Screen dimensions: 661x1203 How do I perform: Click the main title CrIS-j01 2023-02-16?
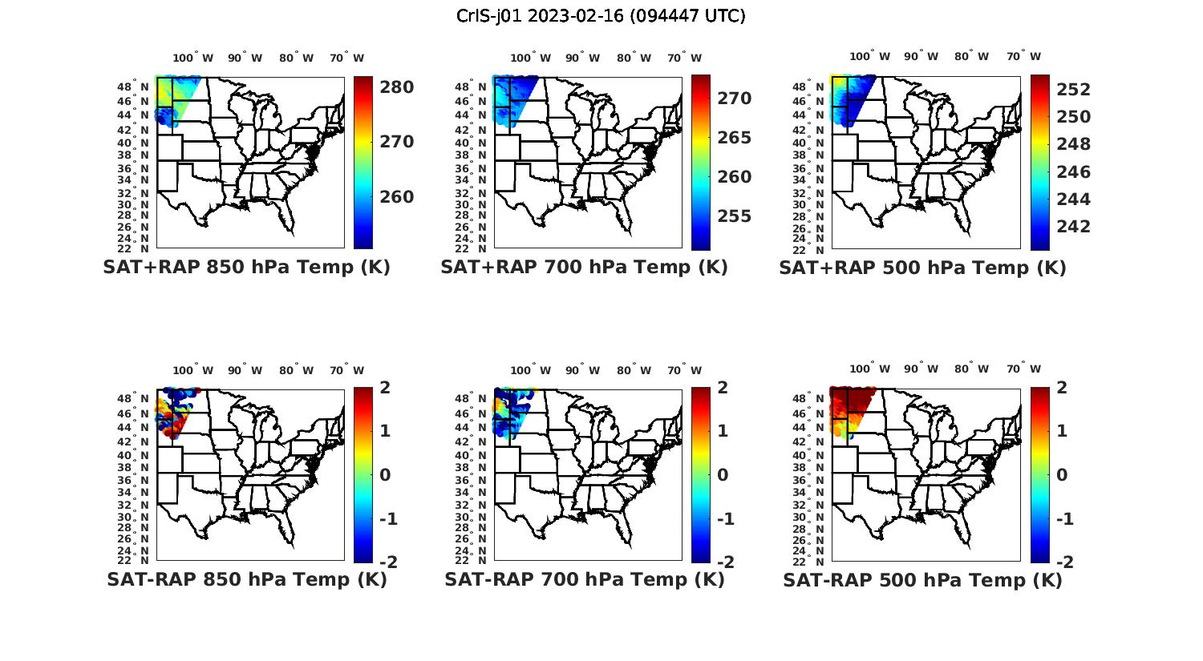[601, 16]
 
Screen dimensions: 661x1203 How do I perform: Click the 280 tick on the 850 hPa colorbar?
[396, 87]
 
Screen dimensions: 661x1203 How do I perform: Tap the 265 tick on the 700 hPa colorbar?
[734, 138]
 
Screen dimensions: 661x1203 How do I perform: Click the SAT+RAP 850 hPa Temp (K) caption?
[246, 268]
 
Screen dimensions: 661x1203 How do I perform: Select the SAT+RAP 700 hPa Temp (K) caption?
[584, 268]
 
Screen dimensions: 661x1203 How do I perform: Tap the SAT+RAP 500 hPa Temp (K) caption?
[922, 268]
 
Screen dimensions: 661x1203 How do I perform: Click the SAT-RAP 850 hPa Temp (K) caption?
[246, 579]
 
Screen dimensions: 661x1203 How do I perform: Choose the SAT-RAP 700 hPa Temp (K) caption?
[584, 579]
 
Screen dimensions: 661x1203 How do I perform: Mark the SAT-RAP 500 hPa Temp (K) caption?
[922, 579]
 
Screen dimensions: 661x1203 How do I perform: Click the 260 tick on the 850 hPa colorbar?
[396, 197]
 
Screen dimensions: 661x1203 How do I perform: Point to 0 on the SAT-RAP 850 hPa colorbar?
[384, 475]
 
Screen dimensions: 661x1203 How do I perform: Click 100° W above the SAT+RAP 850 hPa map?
[193, 58]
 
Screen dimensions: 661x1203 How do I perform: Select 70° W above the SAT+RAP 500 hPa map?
[1023, 56]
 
